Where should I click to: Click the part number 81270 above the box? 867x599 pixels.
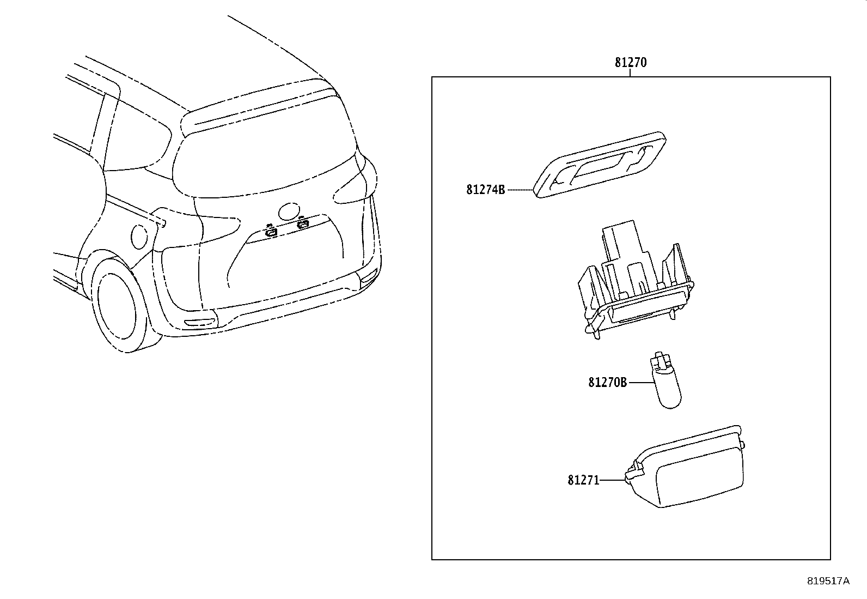point(631,63)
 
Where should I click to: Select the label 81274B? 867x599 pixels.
point(486,190)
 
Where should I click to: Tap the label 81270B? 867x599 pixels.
point(607,383)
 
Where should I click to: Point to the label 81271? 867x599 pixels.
point(583,480)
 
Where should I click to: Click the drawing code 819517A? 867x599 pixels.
point(828,581)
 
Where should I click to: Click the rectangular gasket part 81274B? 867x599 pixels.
point(599,165)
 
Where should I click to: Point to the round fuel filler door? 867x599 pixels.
point(140,234)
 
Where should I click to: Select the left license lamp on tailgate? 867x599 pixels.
point(270,232)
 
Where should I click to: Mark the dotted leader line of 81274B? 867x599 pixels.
point(519,190)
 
